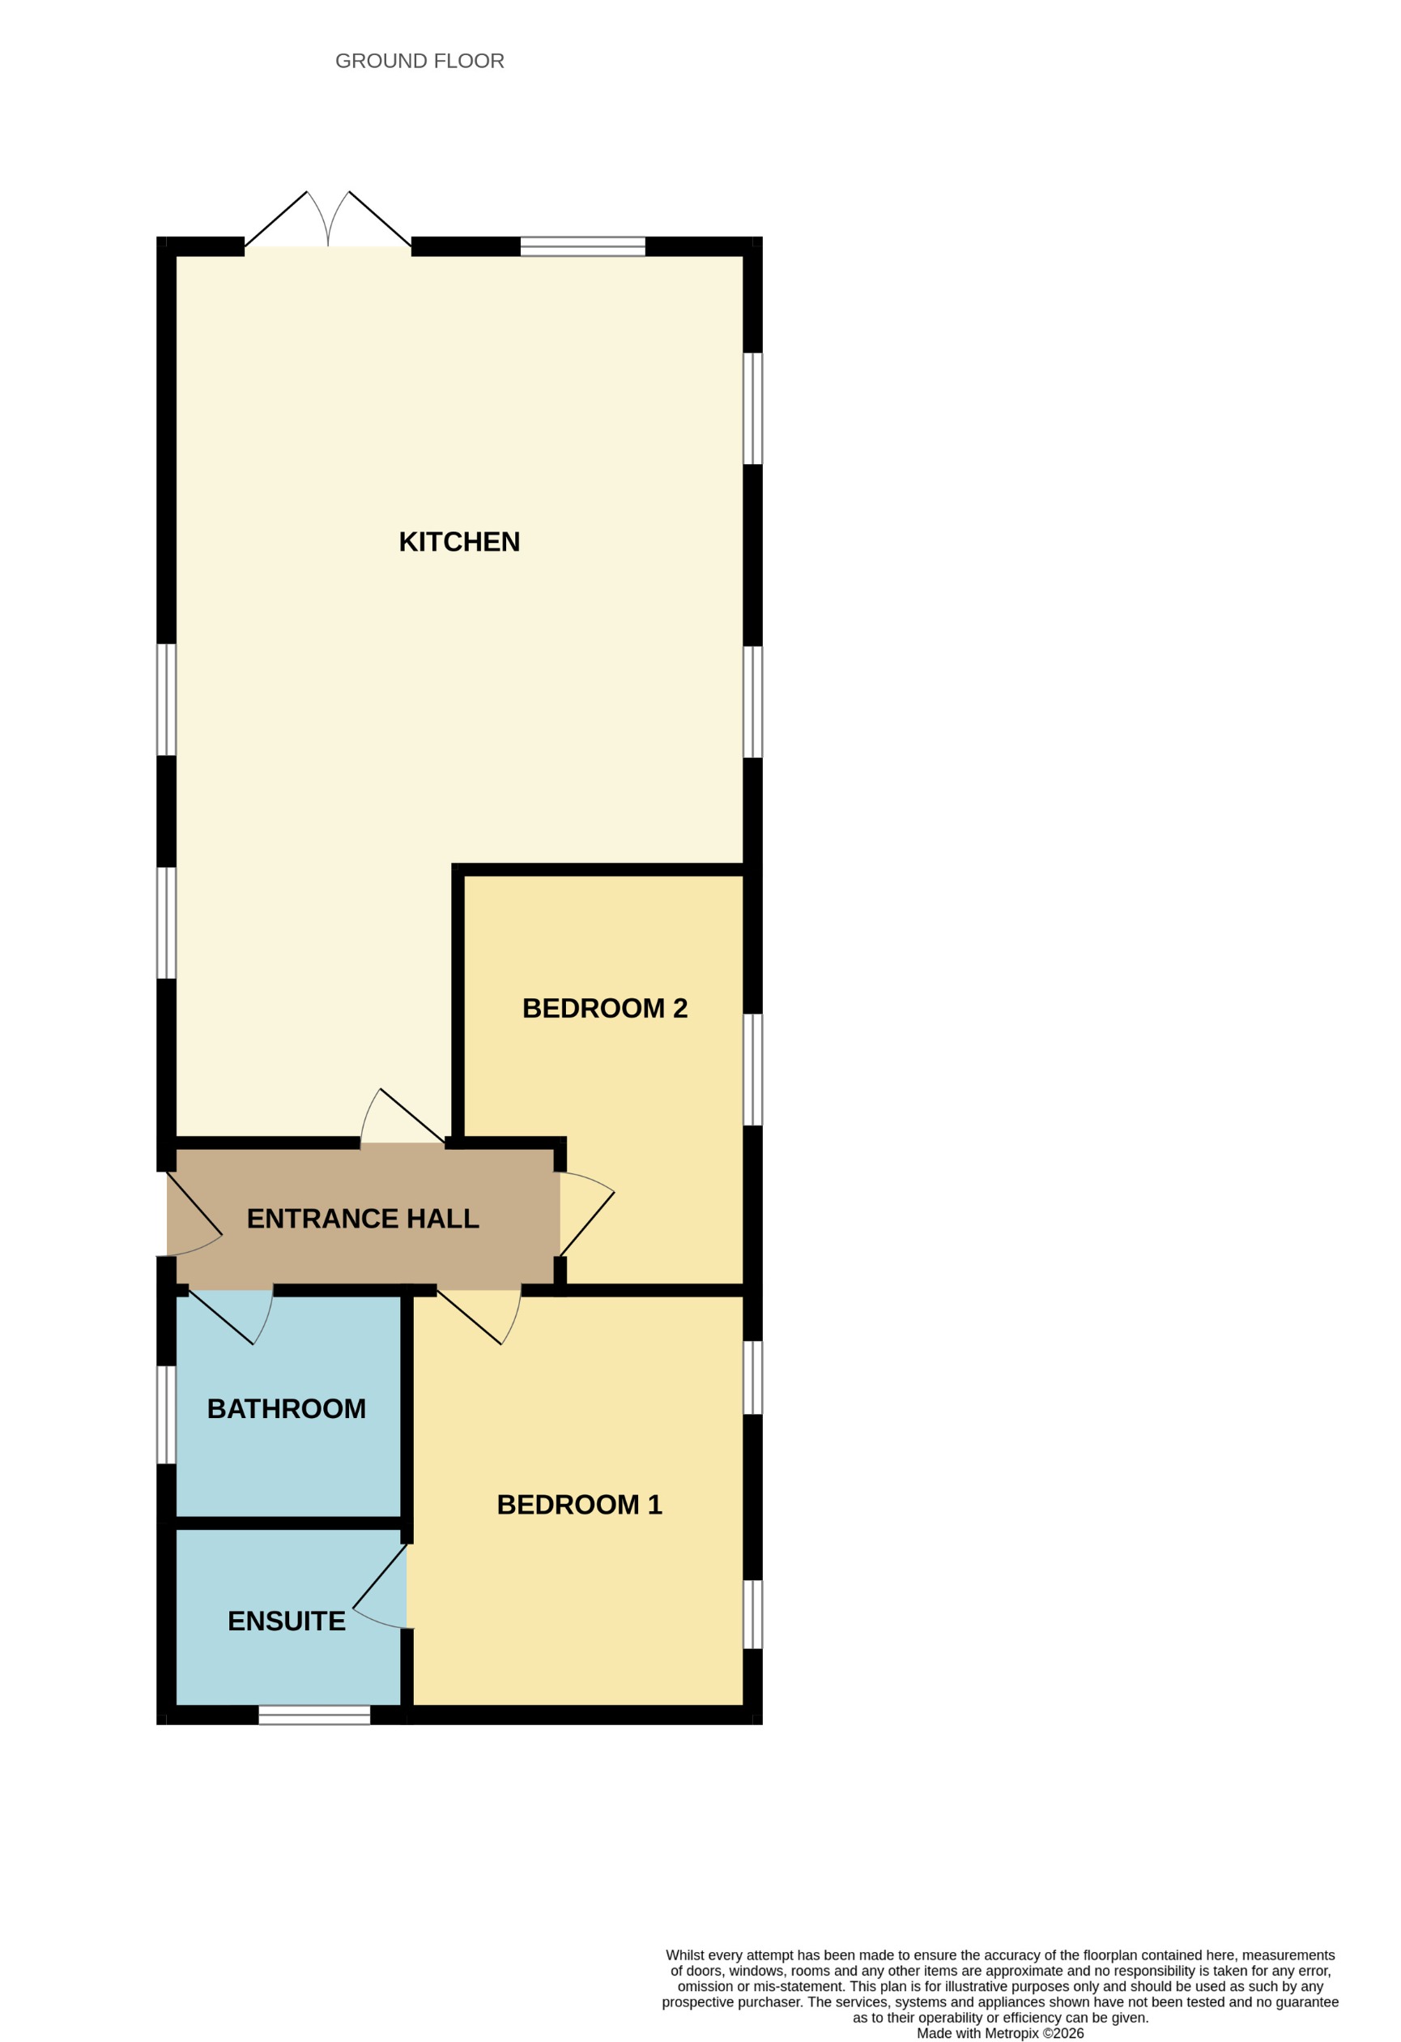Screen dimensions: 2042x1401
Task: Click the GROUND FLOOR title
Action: [x=419, y=61]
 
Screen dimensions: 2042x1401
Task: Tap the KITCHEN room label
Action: [x=458, y=542]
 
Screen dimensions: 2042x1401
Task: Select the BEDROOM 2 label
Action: [x=604, y=1008]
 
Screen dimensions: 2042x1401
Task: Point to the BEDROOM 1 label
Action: [x=579, y=1504]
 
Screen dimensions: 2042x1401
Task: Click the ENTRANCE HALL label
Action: [x=363, y=1219]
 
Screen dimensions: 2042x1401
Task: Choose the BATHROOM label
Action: [x=287, y=1408]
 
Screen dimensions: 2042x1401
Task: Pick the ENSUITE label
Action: [x=287, y=1621]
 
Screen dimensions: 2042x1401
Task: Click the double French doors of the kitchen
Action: [x=328, y=224]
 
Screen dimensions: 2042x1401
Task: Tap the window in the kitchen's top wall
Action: [x=582, y=246]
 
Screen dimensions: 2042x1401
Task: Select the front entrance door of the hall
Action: [x=191, y=1215]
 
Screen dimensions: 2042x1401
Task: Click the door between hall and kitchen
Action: [x=402, y=1121]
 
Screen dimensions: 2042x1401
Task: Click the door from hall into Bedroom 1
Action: [x=479, y=1314]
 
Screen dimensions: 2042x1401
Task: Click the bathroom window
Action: [x=166, y=1414]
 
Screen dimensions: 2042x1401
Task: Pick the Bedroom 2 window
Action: [x=753, y=1070]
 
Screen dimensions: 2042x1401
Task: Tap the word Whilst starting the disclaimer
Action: [x=691, y=1955]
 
